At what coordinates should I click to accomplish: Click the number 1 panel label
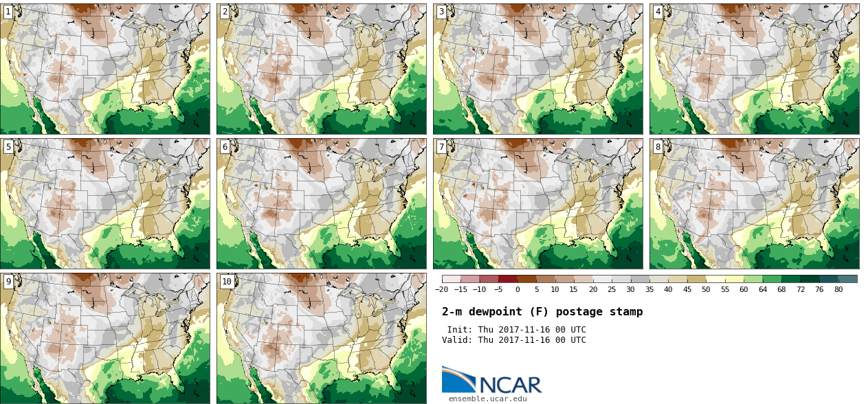pyautogui.click(x=8, y=12)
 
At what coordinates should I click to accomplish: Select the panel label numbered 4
pyautogui.click(x=658, y=12)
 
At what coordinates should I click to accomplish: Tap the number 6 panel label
pyautogui.click(x=225, y=147)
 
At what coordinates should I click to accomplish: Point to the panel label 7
pyautogui.click(x=441, y=147)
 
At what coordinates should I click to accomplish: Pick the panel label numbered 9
pyautogui.click(x=8, y=282)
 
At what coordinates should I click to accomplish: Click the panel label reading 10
pyautogui.click(x=227, y=282)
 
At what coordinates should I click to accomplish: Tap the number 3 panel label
pyautogui.click(x=441, y=12)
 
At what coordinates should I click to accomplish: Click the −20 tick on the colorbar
pyautogui.click(x=441, y=290)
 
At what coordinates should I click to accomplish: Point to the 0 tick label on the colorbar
pyautogui.click(x=518, y=290)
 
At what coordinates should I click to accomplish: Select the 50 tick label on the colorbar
pyautogui.click(x=706, y=290)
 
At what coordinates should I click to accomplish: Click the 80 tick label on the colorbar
pyautogui.click(x=839, y=290)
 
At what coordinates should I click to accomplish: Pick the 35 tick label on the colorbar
pyautogui.click(x=649, y=290)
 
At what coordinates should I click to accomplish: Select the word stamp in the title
pyautogui.click(x=626, y=312)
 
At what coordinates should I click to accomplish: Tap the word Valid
pyautogui.click(x=458, y=340)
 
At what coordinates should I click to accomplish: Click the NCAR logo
pyautogui.click(x=491, y=381)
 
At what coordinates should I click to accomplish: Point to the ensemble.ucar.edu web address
pyautogui.click(x=488, y=399)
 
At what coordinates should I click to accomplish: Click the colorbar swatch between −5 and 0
pyautogui.click(x=508, y=279)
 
